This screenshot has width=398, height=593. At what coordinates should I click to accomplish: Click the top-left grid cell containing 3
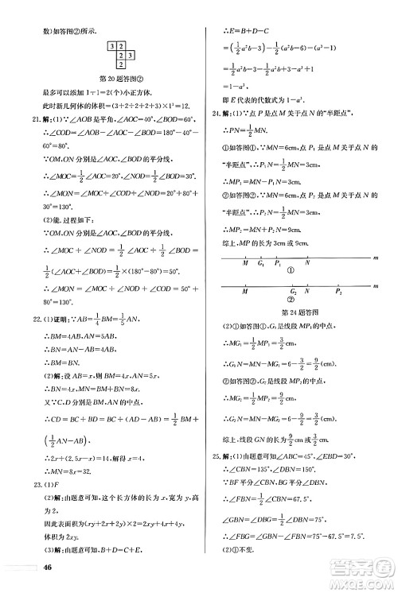[114, 48]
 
